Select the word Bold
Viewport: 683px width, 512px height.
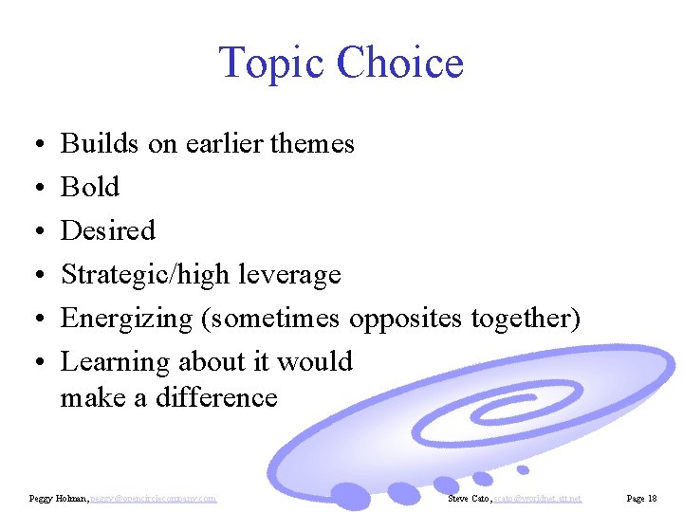[x=90, y=188]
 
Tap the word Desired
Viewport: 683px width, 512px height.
[x=108, y=231]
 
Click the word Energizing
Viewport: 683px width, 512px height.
[x=127, y=319]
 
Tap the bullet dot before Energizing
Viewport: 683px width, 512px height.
[x=34, y=320]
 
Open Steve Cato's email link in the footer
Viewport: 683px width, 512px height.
[x=538, y=498]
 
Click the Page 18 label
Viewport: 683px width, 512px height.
[x=642, y=498]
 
